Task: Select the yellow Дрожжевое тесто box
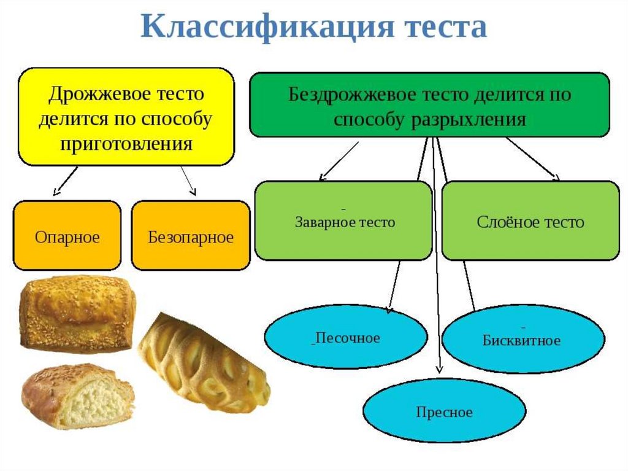click(126, 117)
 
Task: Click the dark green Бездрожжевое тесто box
click(429, 104)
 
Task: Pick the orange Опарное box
click(67, 236)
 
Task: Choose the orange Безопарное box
click(191, 236)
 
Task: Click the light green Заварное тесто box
click(344, 220)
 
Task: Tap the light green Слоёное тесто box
click(530, 220)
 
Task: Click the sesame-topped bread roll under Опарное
click(77, 313)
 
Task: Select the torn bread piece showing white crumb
click(77, 396)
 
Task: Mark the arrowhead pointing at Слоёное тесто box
click(557, 178)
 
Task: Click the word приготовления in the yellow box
click(126, 144)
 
